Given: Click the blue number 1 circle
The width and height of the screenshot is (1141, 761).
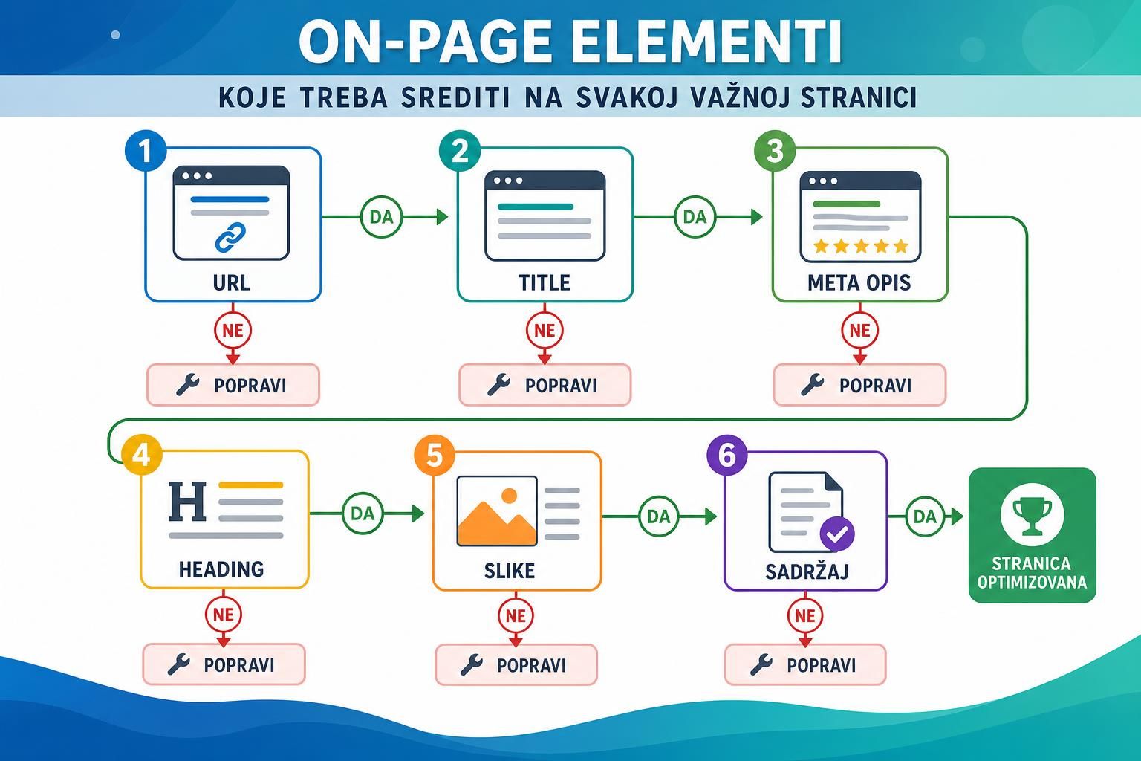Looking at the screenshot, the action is [146, 151].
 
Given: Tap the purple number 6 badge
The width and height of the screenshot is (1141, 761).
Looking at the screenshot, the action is [727, 455].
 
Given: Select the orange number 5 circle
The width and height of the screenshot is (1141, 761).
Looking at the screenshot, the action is [435, 455].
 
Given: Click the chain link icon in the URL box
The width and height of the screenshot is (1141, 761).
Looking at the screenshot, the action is [230, 238].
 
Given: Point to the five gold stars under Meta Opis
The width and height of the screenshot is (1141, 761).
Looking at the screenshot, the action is [860, 246].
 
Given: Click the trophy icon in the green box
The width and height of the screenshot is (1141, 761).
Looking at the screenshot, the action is [1032, 515].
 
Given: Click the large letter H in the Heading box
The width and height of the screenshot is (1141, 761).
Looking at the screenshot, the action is [187, 501].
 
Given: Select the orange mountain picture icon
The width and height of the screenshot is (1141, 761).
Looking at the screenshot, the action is [497, 511].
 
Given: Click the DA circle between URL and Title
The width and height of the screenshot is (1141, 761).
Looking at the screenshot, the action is [382, 217].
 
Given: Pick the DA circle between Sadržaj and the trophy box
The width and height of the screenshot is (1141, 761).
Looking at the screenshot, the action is [925, 516].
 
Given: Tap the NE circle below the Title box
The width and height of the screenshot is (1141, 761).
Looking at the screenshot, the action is [545, 330].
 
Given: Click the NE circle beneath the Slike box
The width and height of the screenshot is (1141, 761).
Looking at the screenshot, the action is [516, 616].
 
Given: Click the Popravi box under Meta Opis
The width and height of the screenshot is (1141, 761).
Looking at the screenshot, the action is [859, 385].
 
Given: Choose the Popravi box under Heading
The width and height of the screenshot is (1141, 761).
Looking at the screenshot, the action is [224, 664].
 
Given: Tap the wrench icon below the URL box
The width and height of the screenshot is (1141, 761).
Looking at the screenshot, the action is [187, 385].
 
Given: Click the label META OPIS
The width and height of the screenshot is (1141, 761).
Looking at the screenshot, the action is [859, 283].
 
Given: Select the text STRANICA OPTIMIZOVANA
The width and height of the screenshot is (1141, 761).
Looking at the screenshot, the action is [1032, 572].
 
